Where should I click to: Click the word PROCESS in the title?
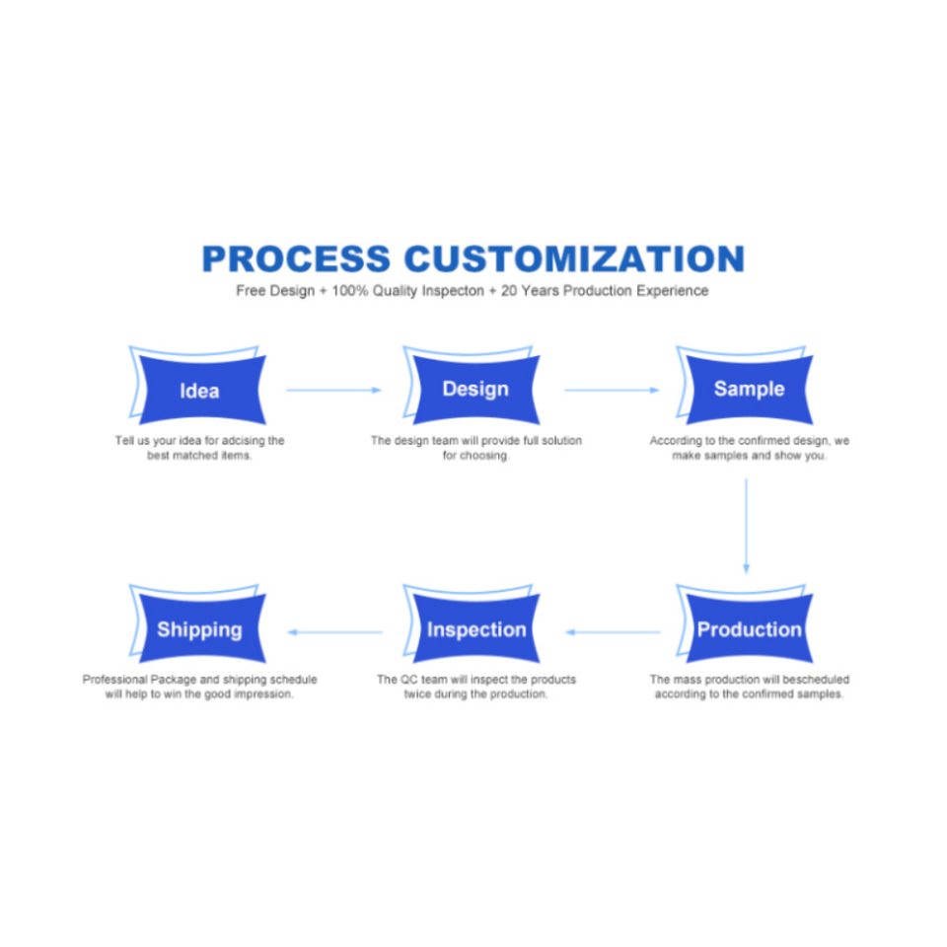coord(296,258)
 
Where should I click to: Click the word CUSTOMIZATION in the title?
coord(574,258)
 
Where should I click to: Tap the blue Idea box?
coord(199,391)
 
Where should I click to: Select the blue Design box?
coord(475,389)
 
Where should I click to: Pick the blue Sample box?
coord(749,389)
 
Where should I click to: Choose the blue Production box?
coord(749,629)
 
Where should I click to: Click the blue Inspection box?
coord(475,629)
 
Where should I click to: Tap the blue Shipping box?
coord(199,629)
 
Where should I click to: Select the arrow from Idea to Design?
coord(333,390)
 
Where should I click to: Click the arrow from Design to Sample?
coord(612,390)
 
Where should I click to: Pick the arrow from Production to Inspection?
coord(612,631)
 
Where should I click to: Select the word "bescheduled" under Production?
coord(816,680)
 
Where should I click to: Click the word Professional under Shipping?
coord(114,680)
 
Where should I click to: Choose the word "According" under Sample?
coord(676,441)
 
